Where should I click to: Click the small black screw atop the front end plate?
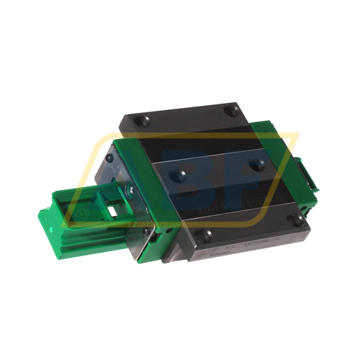(107, 158)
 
